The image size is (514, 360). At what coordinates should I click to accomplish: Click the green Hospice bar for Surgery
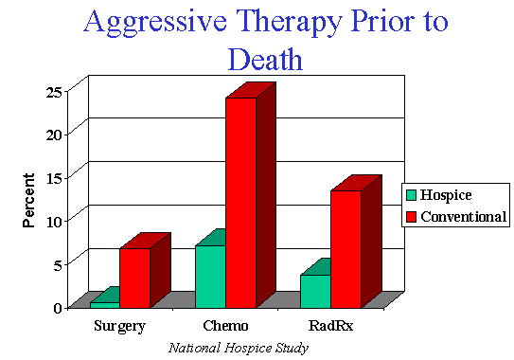coord(104,304)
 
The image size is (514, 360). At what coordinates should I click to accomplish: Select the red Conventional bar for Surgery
coord(134,278)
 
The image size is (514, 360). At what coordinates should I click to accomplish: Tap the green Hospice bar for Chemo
coord(210,276)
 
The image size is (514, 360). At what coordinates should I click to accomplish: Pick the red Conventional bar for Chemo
coord(240,202)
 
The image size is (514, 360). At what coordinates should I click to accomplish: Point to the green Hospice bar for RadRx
coord(315,291)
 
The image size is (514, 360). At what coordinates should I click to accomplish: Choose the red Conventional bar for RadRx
coord(346,248)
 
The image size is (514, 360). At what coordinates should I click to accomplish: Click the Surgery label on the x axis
coord(120,327)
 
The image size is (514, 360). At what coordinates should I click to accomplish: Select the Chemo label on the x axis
coord(225,327)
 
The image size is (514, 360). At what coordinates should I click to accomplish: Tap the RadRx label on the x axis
coord(330,327)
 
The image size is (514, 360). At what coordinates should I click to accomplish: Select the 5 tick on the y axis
coord(59,264)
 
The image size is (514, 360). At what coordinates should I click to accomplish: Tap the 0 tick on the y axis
coord(59,307)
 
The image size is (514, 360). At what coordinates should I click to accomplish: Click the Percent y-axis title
coord(28,199)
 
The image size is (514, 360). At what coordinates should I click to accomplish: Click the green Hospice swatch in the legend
coord(412,196)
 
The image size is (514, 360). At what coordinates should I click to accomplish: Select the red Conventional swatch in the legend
coord(412,217)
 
